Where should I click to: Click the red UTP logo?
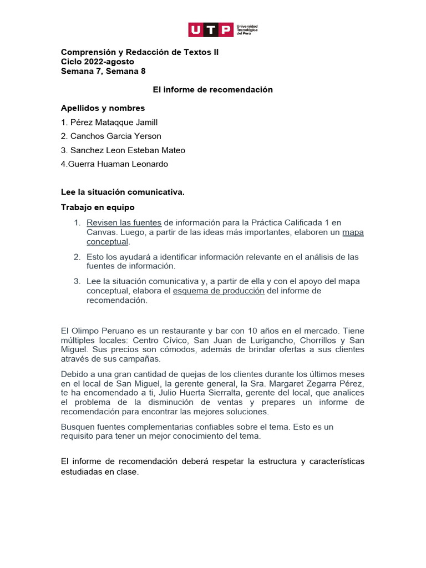pyautogui.click(x=211, y=29)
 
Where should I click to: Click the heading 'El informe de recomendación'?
pyautogui.click(x=213, y=89)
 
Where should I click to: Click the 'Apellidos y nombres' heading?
pyautogui.click(x=103, y=108)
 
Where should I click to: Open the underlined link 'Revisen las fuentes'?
pyautogui.click(x=124, y=222)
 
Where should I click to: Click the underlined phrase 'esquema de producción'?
pyautogui.click(x=219, y=291)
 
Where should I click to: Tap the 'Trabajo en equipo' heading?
pyautogui.click(x=97, y=207)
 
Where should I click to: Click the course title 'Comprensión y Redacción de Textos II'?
pyautogui.click(x=139, y=52)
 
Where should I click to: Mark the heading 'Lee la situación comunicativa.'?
pyautogui.click(x=122, y=192)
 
